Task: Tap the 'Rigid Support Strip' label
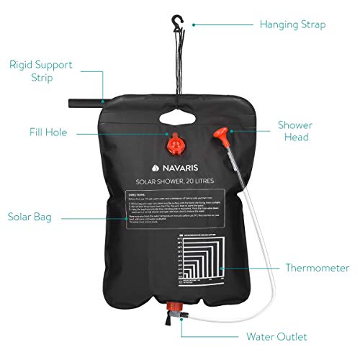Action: [42, 71]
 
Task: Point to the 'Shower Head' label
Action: [295, 130]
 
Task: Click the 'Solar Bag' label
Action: [29, 215]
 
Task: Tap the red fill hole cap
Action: [175, 145]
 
